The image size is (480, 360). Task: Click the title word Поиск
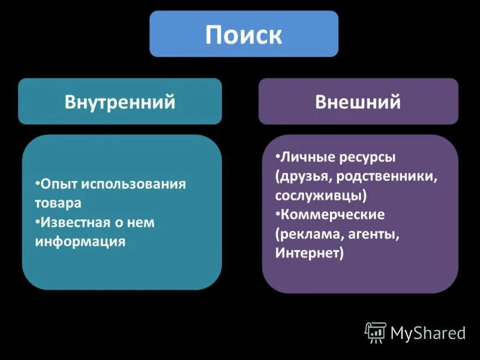[x=244, y=35]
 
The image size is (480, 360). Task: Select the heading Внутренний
[x=120, y=102]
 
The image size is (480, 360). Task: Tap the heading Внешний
[x=358, y=102]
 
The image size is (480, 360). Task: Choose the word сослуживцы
[x=319, y=196]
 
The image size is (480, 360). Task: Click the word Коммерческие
[x=332, y=215]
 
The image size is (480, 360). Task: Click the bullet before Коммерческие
[x=278, y=214]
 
